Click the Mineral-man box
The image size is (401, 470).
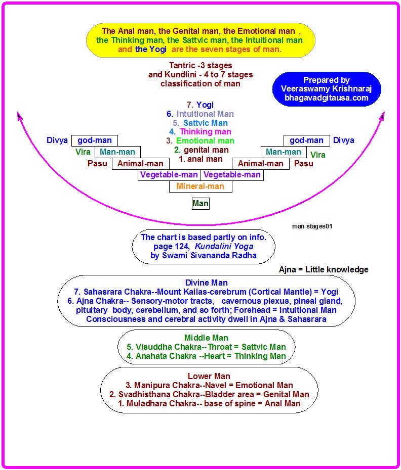click(x=200, y=186)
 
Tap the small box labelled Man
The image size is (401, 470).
click(x=200, y=204)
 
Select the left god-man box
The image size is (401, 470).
click(x=95, y=140)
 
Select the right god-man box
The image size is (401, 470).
click(x=307, y=140)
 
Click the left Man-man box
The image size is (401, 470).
click(x=118, y=152)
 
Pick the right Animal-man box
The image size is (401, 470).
click(x=261, y=163)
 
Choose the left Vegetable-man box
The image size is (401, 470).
click(x=169, y=175)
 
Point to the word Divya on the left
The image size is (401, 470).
click(x=57, y=140)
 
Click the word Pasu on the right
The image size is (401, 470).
click(x=304, y=163)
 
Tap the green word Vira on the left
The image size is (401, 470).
click(x=83, y=152)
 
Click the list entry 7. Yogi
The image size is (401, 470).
click(x=200, y=105)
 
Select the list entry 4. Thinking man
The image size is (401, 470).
click(x=200, y=132)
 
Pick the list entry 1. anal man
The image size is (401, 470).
click(x=200, y=159)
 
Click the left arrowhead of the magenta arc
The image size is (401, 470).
click(x=20, y=116)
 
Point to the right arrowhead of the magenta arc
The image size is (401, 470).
click(x=382, y=116)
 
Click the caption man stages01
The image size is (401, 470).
click(x=312, y=226)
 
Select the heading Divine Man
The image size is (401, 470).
click(x=207, y=283)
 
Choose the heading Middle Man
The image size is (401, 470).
click(x=207, y=338)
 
